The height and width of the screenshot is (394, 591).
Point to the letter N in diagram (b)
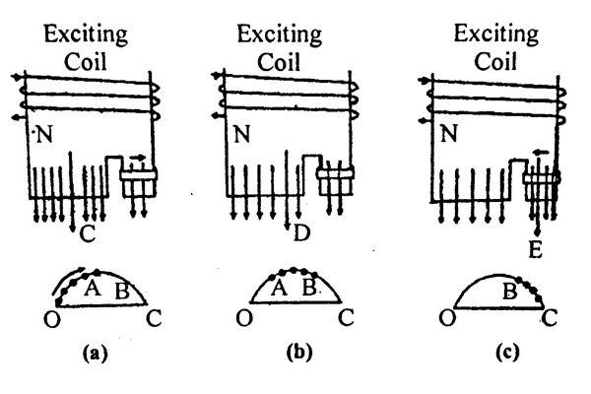[x=239, y=131]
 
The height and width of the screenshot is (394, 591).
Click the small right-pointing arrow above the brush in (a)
[x=137, y=156]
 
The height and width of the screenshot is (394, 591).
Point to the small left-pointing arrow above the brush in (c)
[x=539, y=154]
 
